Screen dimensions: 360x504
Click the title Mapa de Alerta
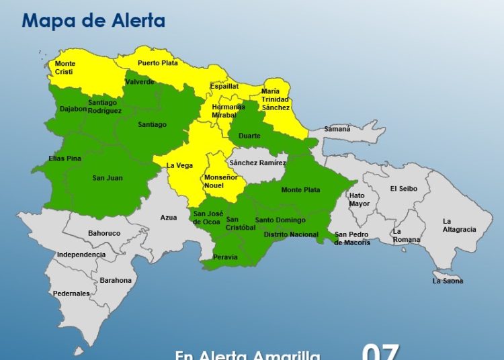pyautogui.click(x=93, y=19)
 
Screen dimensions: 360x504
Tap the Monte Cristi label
pyautogui.click(x=65, y=68)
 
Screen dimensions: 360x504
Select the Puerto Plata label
pyautogui.click(x=158, y=63)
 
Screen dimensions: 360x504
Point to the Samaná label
pyautogui.click(x=337, y=128)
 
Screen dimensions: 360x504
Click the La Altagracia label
pyautogui.click(x=459, y=226)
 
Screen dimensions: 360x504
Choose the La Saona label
pyautogui.click(x=448, y=281)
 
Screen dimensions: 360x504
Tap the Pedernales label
pyautogui.click(x=72, y=294)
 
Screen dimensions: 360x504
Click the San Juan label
pyautogui.click(x=108, y=178)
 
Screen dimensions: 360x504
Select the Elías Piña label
pyautogui.click(x=65, y=159)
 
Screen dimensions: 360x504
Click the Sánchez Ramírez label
pyautogui.click(x=257, y=163)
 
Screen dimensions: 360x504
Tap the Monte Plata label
pyautogui.click(x=300, y=190)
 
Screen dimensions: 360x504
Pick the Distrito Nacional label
pyautogui.click(x=291, y=234)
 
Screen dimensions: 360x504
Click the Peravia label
pyautogui.click(x=225, y=257)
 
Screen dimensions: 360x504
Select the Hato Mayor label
pyautogui.click(x=360, y=199)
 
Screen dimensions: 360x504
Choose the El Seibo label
pyautogui.click(x=404, y=189)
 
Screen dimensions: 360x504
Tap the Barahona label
pyautogui.click(x=116, y=280)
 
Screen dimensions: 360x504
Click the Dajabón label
pyautogui.click(x=73, y=109)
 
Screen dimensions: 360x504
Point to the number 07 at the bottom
pyautogui.click(x=380, y=352)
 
